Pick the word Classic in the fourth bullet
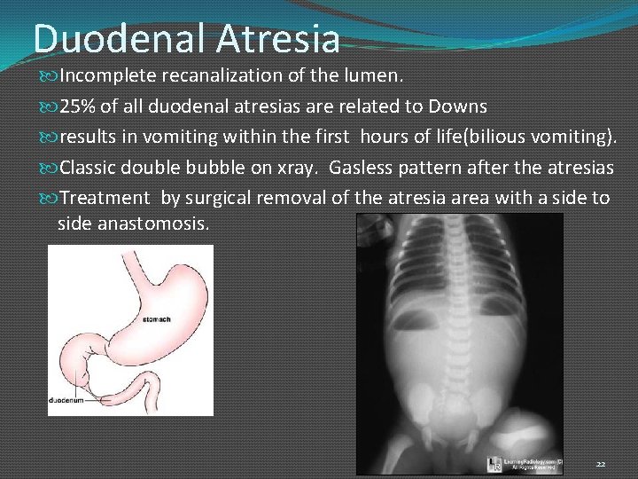[x=91, y=167]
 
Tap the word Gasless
[x=364, y=167]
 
